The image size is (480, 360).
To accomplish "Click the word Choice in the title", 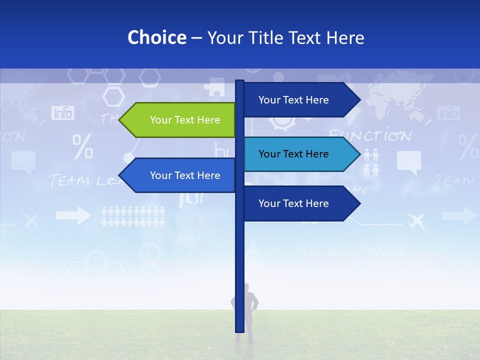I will coord(156,38).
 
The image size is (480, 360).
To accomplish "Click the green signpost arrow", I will coord(177,120).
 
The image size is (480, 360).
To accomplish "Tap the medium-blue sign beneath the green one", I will coord(177,175).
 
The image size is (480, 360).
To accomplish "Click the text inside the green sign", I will coord(185,120).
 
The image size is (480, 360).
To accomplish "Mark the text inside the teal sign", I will coord(293,154).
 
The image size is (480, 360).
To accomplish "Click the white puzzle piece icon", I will coord(214,86).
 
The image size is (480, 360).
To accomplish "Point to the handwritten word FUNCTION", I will coord(370,135).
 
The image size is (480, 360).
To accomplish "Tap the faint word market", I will coord(181,238).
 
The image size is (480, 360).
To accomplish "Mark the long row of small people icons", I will coord(133,216).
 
